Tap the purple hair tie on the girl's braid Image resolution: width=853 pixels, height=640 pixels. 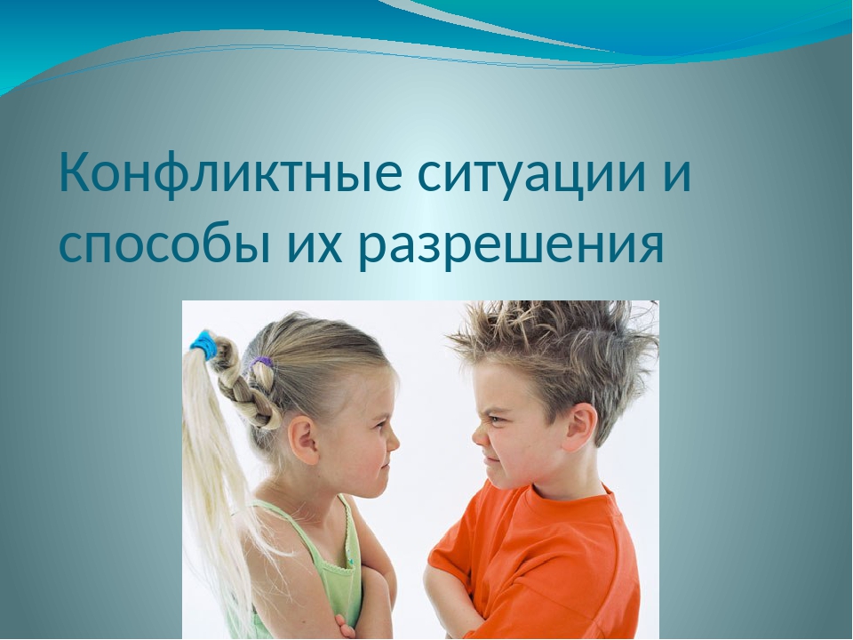click(x=260, y=362)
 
